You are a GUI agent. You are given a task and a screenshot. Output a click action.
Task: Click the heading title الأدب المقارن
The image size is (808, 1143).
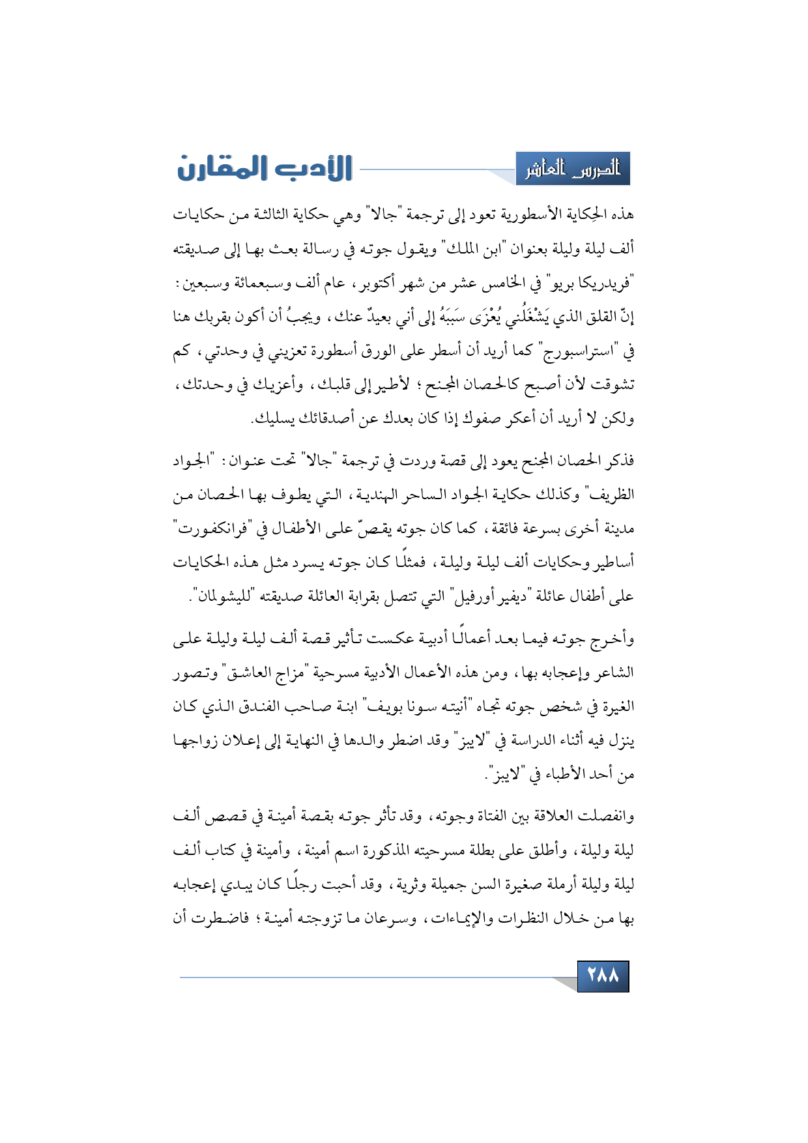265,168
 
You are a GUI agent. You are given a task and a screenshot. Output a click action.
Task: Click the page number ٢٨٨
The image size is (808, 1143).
603,976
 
